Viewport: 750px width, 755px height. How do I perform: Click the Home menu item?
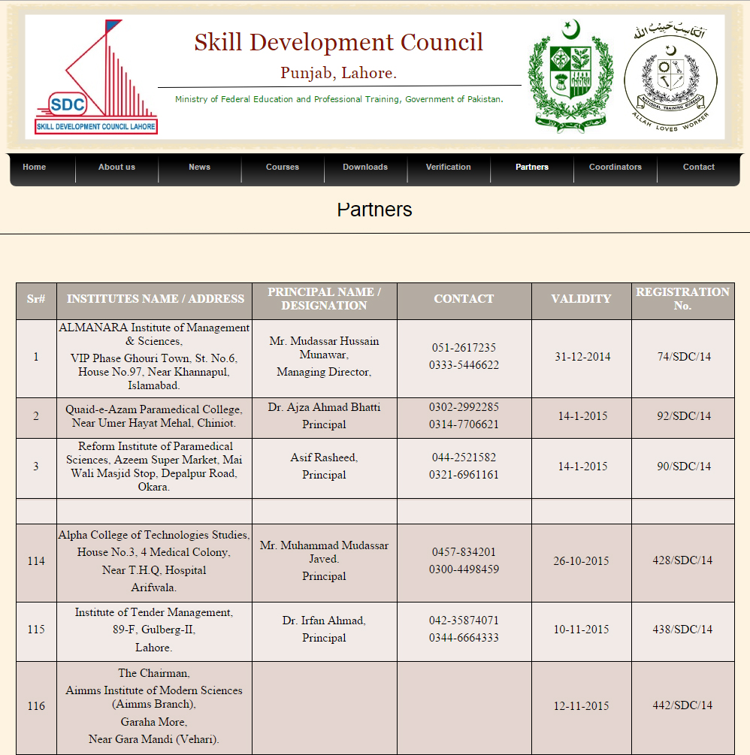coord(35,167)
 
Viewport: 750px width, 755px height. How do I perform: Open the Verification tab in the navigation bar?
coord(448,167)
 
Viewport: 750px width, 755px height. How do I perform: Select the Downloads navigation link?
coord(365,167)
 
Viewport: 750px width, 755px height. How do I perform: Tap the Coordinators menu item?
coord(615,167)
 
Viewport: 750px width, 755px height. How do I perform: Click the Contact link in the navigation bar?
coord(699,167)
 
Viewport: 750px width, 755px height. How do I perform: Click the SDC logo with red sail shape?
coord(95,78)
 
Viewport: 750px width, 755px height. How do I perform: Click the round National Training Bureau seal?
coord(670,78)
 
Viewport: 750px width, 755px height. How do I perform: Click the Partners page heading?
coord(374,210)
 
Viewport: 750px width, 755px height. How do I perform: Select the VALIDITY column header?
coord(581,299)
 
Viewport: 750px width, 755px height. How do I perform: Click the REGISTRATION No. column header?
coord(682,299)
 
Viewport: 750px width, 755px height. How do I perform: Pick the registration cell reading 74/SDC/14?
coord(683,357)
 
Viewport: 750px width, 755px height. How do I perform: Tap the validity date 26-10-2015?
coord(581,561)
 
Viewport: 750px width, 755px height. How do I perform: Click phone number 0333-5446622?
coord(464,366)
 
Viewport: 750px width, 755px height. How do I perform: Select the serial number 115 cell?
coord(36,630)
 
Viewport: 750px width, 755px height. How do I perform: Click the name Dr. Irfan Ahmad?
coord(324,621)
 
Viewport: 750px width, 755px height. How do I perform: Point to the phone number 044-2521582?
coord(464,458)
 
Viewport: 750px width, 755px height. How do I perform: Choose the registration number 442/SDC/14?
coord(682,705)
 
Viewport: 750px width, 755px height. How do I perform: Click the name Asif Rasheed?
coord(324,458)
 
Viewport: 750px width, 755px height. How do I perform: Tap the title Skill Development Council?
coord(339,42)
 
